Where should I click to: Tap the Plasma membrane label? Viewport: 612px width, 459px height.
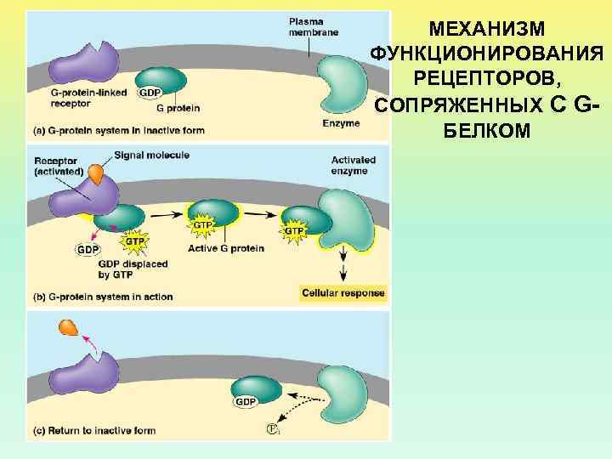(x=313, y=26)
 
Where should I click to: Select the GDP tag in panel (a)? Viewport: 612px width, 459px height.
(x=150, y=92)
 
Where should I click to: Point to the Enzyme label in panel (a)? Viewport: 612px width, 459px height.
(x=341, y=123)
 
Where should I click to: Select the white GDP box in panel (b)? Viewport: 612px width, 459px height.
(x=88, y=249)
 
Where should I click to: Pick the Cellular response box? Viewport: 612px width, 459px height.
(x=343, y=293)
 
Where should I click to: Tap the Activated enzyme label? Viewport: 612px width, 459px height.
(x=349, y=166)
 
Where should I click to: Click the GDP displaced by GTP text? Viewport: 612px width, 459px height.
(x=133, y=269)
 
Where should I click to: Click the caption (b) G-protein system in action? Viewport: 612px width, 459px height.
(x=103, y=297)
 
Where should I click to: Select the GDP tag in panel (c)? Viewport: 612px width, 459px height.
(x=246, y=401)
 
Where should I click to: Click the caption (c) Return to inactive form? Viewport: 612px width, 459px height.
(x=94, y=430)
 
